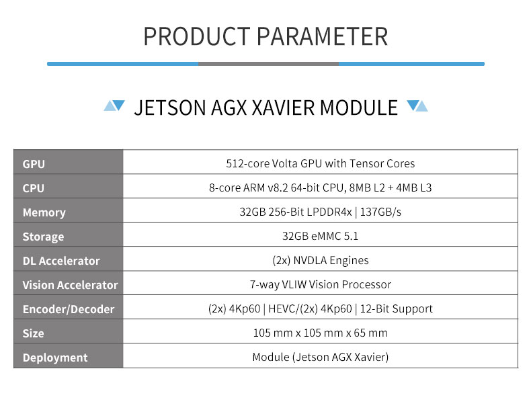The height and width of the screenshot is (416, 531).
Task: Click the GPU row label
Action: coord(34,164)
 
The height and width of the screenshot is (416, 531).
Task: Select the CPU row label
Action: coord(33,188)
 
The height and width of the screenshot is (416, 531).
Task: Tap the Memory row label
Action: coord(44,212)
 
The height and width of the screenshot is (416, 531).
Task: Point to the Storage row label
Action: coord(43,237)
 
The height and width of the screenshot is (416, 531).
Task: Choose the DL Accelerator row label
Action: coord(61,261)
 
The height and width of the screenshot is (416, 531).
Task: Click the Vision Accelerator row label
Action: coord(70,285)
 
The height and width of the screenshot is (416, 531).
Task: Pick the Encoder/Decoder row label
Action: coord(69,309)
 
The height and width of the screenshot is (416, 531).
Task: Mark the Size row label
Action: coord(33,333)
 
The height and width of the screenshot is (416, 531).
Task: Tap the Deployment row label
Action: coord(55,358)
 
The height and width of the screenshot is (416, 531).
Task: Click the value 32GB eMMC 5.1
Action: coord(320,236)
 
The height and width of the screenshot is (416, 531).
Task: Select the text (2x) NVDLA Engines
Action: coord(321,260)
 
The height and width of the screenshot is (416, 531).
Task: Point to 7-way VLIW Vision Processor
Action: coord(321,284)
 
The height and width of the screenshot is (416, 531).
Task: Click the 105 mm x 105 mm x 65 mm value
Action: coord(321,333)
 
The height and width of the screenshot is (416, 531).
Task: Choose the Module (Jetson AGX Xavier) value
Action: coord(321,357)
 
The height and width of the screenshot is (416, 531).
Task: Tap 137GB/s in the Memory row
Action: coord(380,212)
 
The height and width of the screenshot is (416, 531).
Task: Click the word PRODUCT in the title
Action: coord(197,36)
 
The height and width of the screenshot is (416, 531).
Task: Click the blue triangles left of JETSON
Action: coord(114,106)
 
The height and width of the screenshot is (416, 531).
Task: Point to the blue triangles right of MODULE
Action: coord(417,106)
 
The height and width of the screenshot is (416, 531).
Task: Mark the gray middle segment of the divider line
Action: coord(268,64)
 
